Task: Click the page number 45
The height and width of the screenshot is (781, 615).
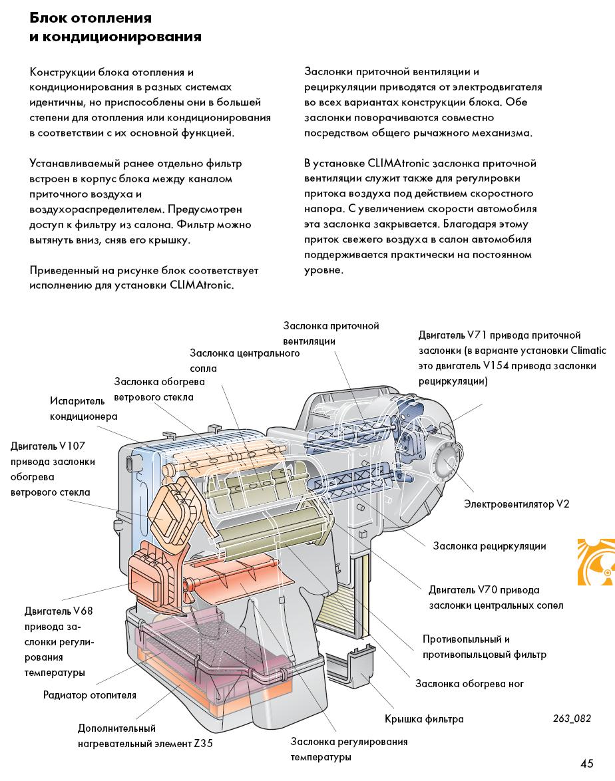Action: click(x=586, y=763)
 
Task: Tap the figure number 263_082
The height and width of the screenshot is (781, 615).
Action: click(x=572, y=718)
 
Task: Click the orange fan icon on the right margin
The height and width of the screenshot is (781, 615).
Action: click(x=596, y=561)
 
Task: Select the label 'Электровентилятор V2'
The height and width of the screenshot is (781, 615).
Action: click(x=516, y=504)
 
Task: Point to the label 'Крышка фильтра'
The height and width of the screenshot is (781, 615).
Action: click(x=424, y=719)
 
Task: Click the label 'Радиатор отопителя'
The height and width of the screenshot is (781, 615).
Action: click(x=89, y=695)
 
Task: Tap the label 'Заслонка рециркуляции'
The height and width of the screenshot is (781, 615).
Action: click(x=489, y=546)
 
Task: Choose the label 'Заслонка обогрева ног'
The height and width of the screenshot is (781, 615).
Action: click(x=469, y=683)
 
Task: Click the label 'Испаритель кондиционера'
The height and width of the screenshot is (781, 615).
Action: click(x=83, y=408)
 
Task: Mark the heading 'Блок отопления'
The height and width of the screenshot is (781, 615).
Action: click(x=91, y=17)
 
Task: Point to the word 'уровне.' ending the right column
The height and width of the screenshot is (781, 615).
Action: click(x=324, y=270)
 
